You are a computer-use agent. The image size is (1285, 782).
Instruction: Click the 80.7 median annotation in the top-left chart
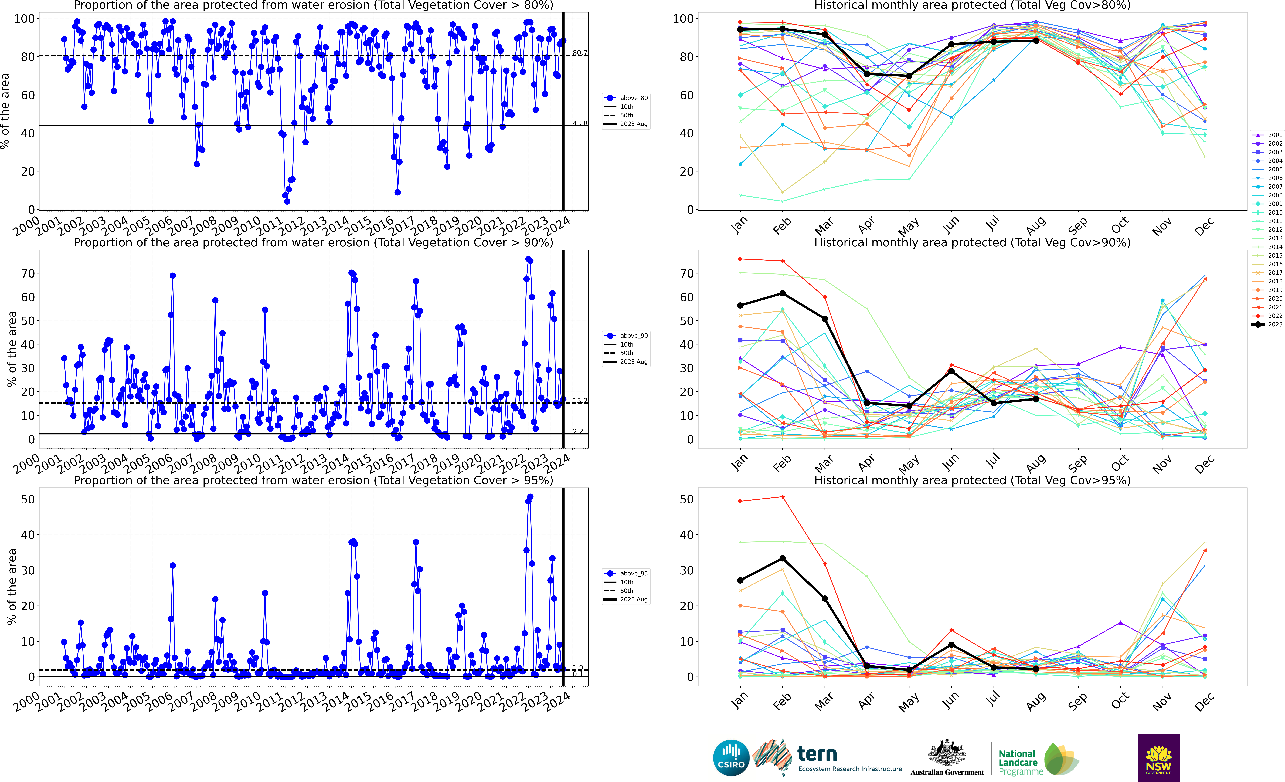[579, 53]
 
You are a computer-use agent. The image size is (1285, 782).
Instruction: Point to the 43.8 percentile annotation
[579, 124]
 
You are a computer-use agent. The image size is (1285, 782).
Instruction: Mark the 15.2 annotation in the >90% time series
[579, 400]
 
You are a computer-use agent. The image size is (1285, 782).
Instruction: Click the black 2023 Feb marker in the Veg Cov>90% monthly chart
[782, 293]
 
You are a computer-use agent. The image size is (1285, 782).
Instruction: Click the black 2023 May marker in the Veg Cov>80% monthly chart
[909, 76]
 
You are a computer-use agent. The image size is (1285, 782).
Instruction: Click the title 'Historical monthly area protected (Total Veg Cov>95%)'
[972, 480]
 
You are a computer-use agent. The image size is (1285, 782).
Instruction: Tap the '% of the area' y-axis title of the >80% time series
[5, 111]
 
